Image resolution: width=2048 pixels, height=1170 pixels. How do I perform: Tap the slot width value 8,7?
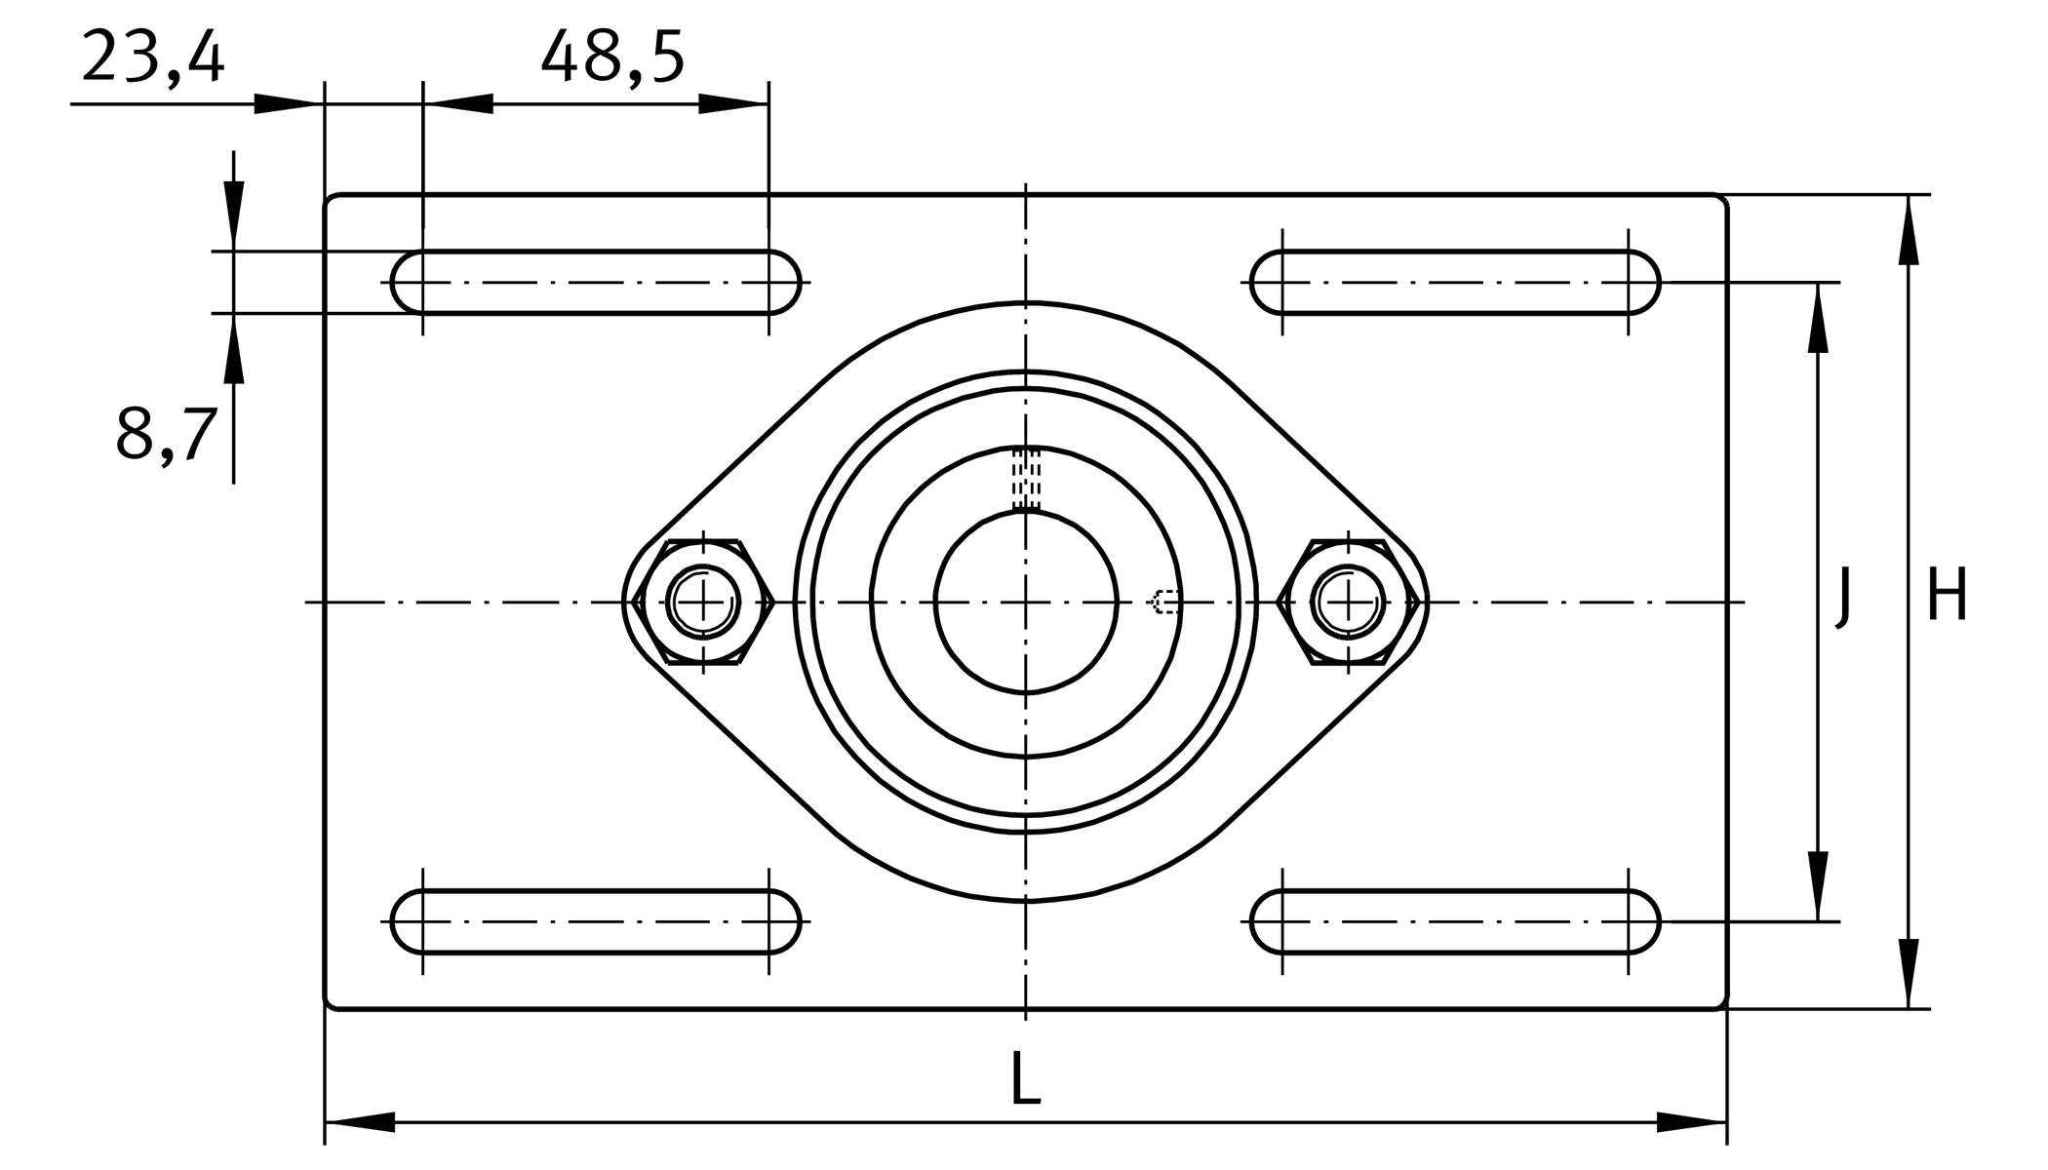165,434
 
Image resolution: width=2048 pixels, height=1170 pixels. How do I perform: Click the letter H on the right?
1947,595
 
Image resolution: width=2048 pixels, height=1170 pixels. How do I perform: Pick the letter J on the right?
1841,598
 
